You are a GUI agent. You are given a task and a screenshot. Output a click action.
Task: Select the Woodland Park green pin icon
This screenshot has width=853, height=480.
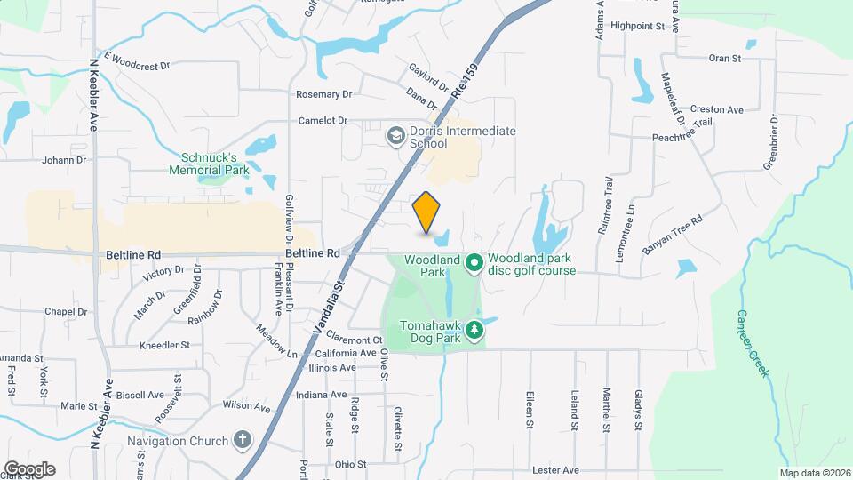click(474, 262)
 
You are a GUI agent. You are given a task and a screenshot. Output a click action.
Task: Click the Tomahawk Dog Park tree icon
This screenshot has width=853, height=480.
click(475, 331)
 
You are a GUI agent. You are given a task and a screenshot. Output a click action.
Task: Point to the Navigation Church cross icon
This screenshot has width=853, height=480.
click(243, 440)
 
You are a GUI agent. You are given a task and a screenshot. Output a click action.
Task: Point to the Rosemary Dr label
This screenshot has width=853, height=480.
click(323, 94)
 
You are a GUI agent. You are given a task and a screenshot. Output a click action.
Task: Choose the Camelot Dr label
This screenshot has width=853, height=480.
click(322, 120)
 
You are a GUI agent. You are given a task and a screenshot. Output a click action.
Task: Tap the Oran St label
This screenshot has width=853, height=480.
click(725, 59)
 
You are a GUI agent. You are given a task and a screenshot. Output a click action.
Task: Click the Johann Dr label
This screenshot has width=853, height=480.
click(63, 161)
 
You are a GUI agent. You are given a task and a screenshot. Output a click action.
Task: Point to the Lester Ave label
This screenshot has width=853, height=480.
click(555, 469)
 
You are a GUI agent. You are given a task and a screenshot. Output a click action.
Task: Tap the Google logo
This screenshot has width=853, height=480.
click(29, 468)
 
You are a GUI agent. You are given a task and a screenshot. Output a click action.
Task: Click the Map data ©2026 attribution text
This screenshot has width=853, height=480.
click(813, 472)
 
